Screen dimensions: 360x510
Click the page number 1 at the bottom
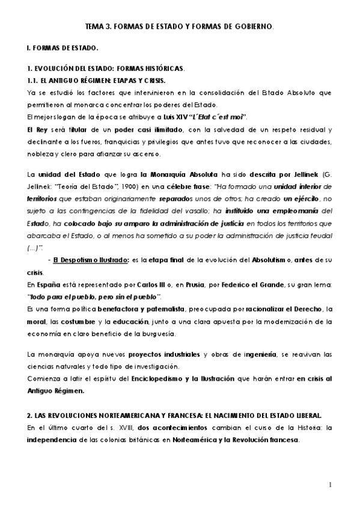(331, 485)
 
